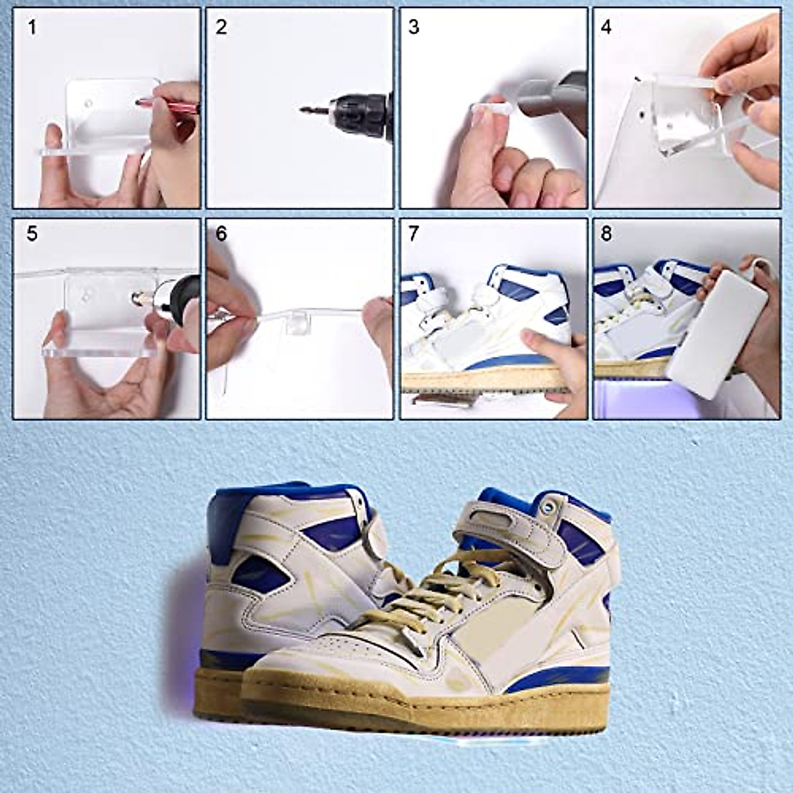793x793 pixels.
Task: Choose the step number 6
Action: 221,234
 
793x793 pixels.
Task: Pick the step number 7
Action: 414,234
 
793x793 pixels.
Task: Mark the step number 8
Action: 606,234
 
